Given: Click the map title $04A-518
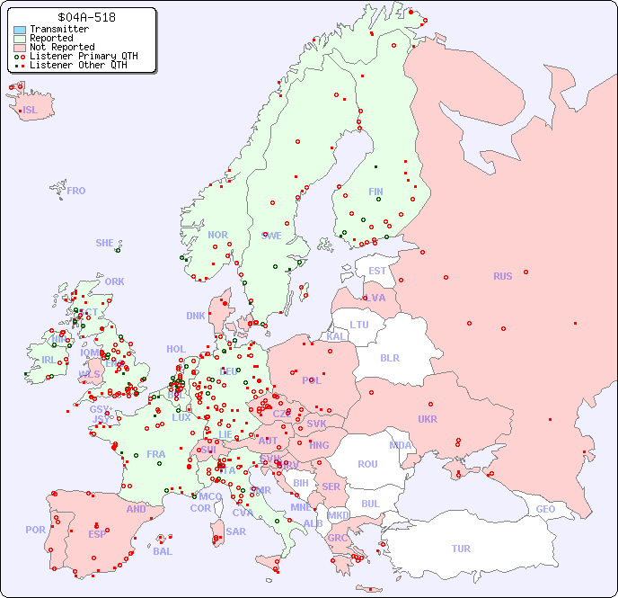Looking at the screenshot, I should point(85,17).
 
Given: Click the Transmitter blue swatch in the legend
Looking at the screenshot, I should point(20,30).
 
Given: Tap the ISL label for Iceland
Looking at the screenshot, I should point(31,111).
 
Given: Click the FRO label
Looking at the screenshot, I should point(76,191).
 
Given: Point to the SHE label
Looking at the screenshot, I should point(105,243).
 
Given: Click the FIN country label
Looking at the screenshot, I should point(375,192).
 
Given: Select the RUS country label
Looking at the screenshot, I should point(502,276).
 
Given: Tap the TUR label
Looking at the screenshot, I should point(461,549).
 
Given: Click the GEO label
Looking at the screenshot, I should point(545,509).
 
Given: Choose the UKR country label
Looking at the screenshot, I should point(428,419).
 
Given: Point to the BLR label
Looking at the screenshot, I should point(389,357).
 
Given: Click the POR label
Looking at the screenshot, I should point(35,530).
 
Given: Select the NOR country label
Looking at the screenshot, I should point(217,235).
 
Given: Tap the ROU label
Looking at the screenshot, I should point(367,464).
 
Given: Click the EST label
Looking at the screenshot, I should point(377,271).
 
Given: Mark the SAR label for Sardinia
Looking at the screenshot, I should point(235,531).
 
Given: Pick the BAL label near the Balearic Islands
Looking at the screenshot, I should point(162,551).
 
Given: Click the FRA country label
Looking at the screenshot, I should point(156,454).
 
